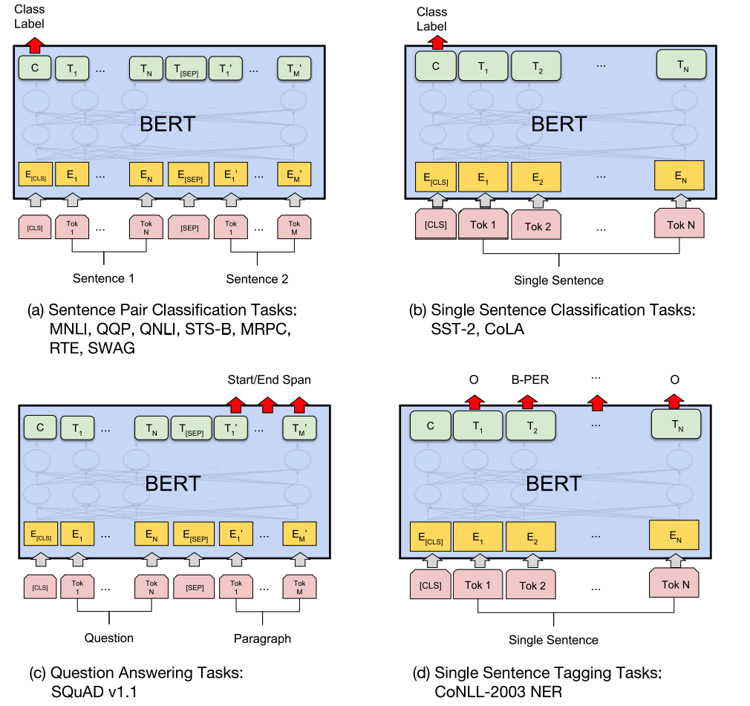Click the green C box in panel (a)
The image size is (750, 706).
coord(35,68)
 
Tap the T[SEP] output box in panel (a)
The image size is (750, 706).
coord(186,68)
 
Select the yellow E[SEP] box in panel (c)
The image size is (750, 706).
coord(194,534)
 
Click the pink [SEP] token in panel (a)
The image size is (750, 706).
coord(189,228)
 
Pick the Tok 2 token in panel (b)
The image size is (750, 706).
coord(536,225)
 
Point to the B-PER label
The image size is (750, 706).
coord(530,380)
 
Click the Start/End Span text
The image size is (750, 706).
coord(270,380)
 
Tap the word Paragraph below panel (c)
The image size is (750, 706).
coord(262,638)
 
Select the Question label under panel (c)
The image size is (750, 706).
coord(109,638)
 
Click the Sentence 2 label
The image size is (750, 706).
coord(258,279)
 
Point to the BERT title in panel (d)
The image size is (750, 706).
coord(553,483)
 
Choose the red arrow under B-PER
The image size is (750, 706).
coord(527,402)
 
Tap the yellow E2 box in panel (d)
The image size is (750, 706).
coord(531,537)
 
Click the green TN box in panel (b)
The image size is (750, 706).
coord(682,65)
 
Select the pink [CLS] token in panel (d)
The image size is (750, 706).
coord(431,584)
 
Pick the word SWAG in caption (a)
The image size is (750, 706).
coord(111,347)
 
